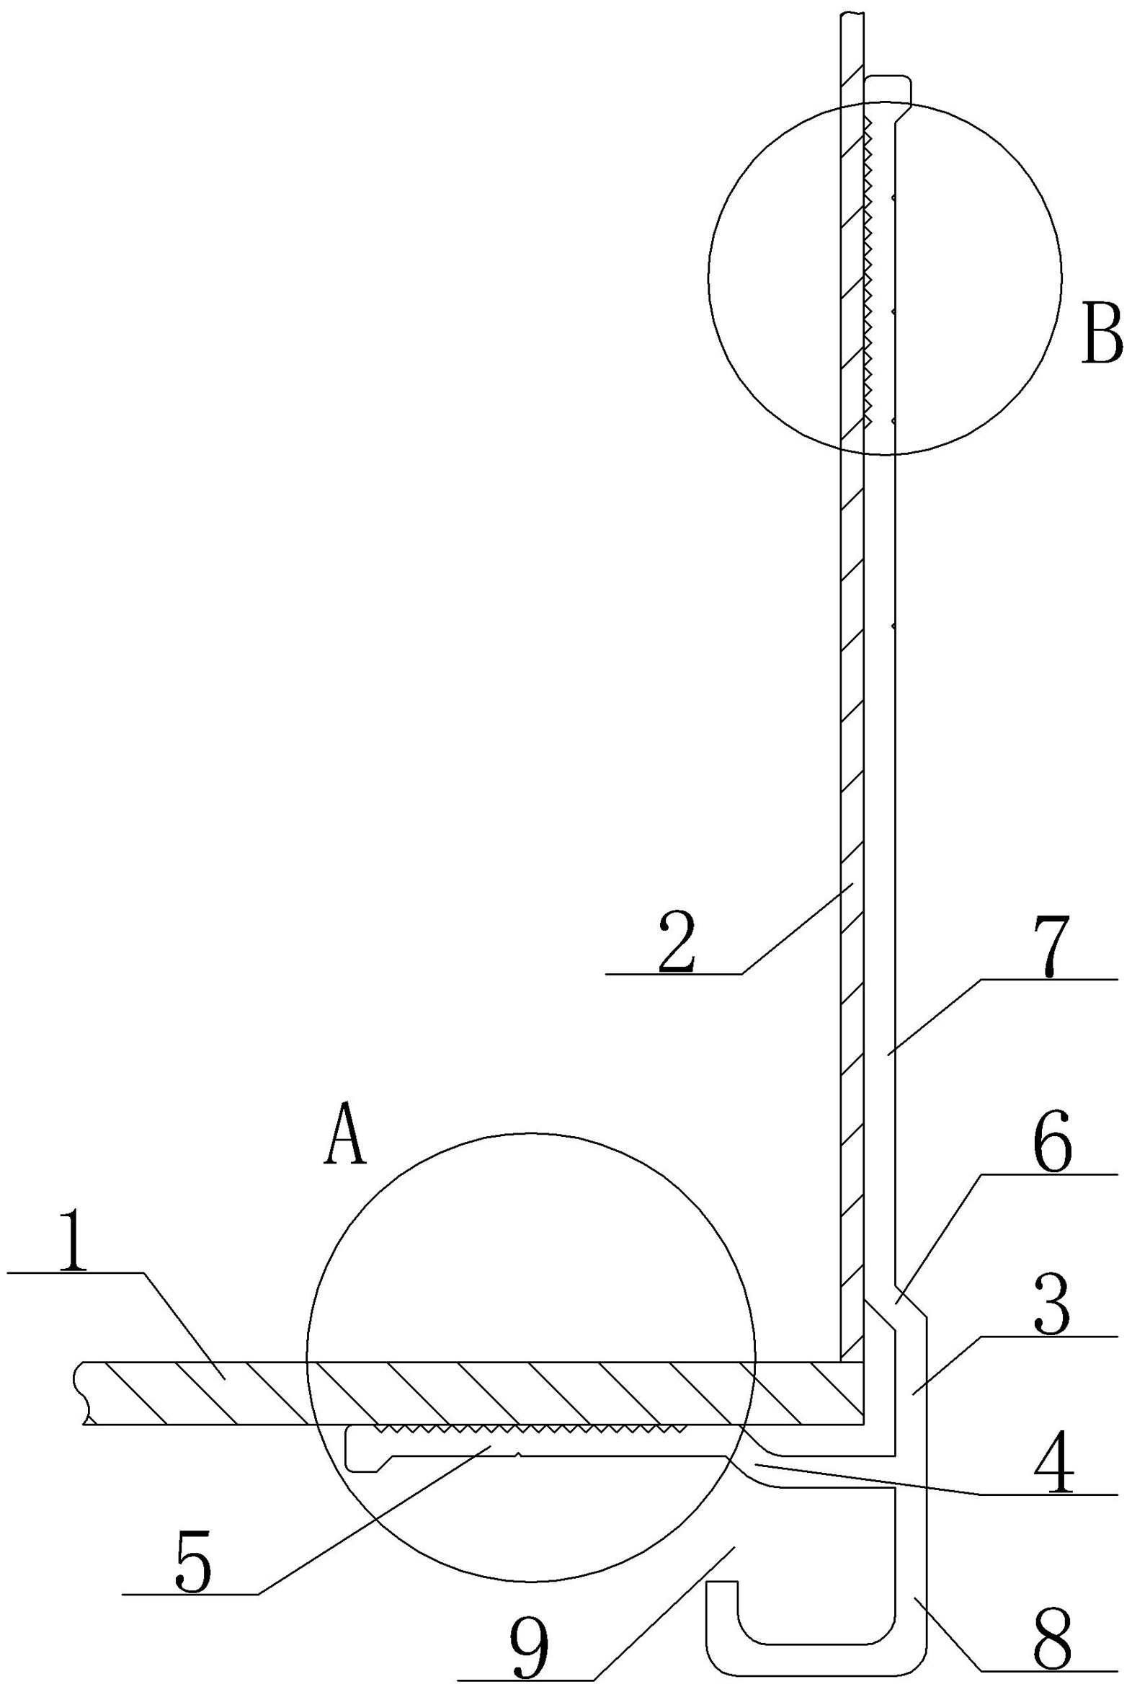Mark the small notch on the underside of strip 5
pos(518,1455)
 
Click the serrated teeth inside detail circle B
pos(868,275)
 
